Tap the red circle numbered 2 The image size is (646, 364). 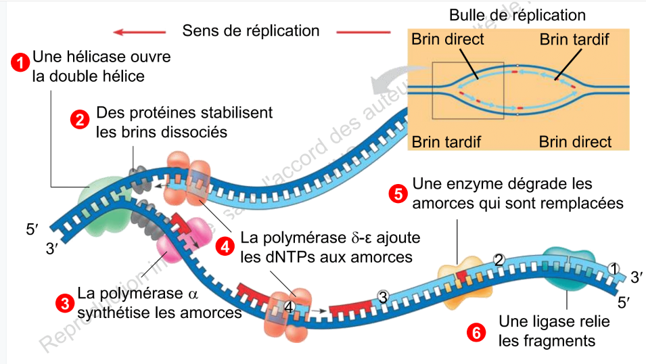click(80, 120)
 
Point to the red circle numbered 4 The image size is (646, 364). click(225, 247)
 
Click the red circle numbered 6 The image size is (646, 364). click(478, 332)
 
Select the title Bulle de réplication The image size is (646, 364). click(517, 14)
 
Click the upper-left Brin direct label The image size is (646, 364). click(448, 39)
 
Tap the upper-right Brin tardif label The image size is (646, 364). click(574, 39)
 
